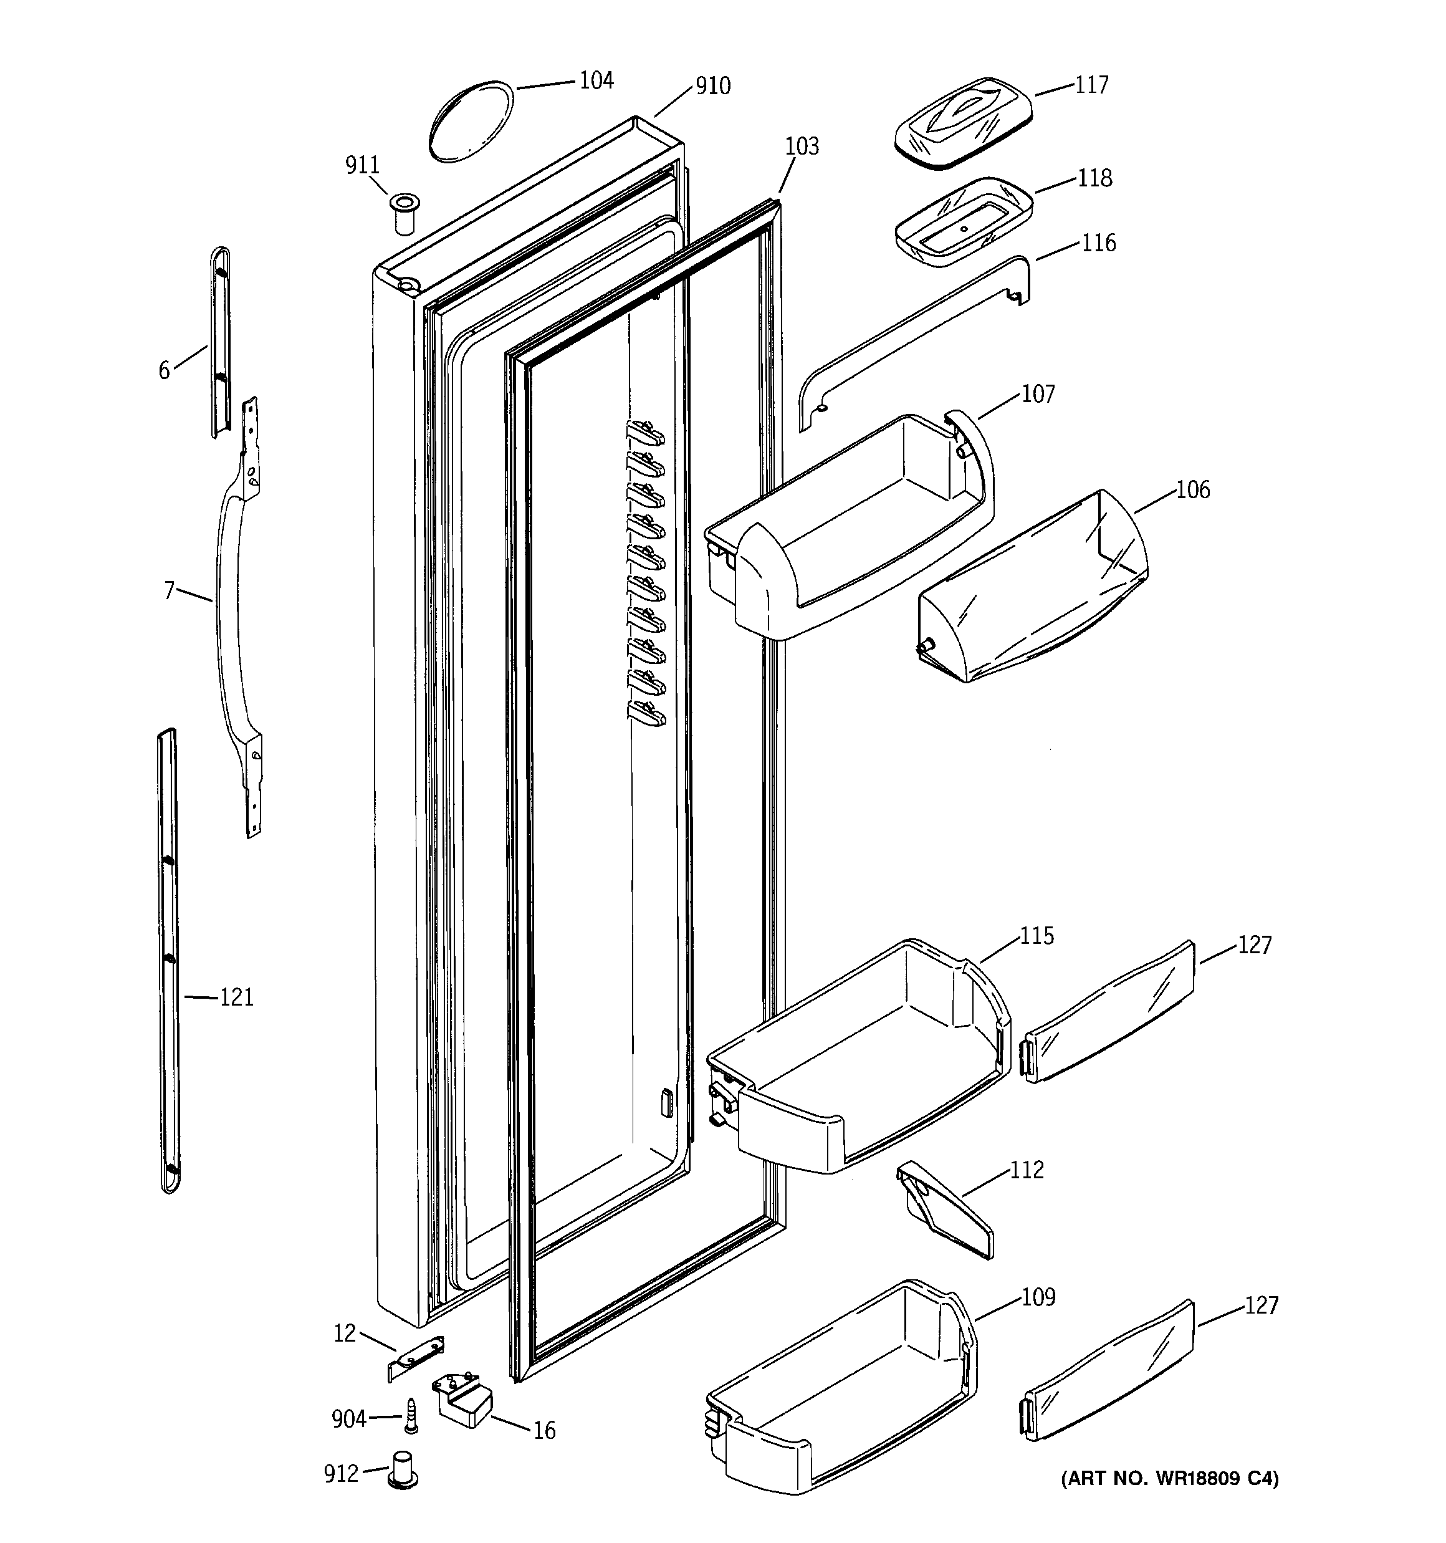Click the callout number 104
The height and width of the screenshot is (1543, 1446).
[x=596, y=80]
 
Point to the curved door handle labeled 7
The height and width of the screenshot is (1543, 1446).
[x=230, y=621]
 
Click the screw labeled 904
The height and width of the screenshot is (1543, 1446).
[x=411, y=1416]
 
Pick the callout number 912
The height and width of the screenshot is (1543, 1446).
[x=341, y=1473]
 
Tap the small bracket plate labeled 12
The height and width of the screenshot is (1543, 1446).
[x=416, y=1356]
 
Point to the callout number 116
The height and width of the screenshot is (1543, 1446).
[x=1098, y=244]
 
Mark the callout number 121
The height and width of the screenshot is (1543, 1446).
[x=236, y=997]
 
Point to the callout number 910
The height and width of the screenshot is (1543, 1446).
[x=712, y=86]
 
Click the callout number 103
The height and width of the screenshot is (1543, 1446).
[x=802, y=147]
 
